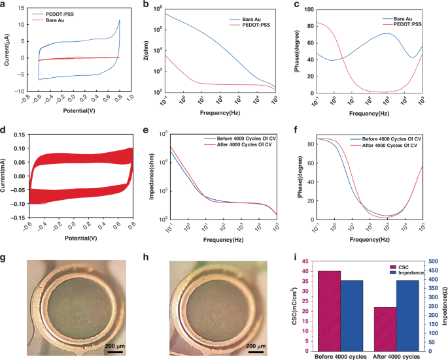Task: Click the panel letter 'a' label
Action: tap(5, 5)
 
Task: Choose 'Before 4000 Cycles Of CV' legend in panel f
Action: tap(387, 139)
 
